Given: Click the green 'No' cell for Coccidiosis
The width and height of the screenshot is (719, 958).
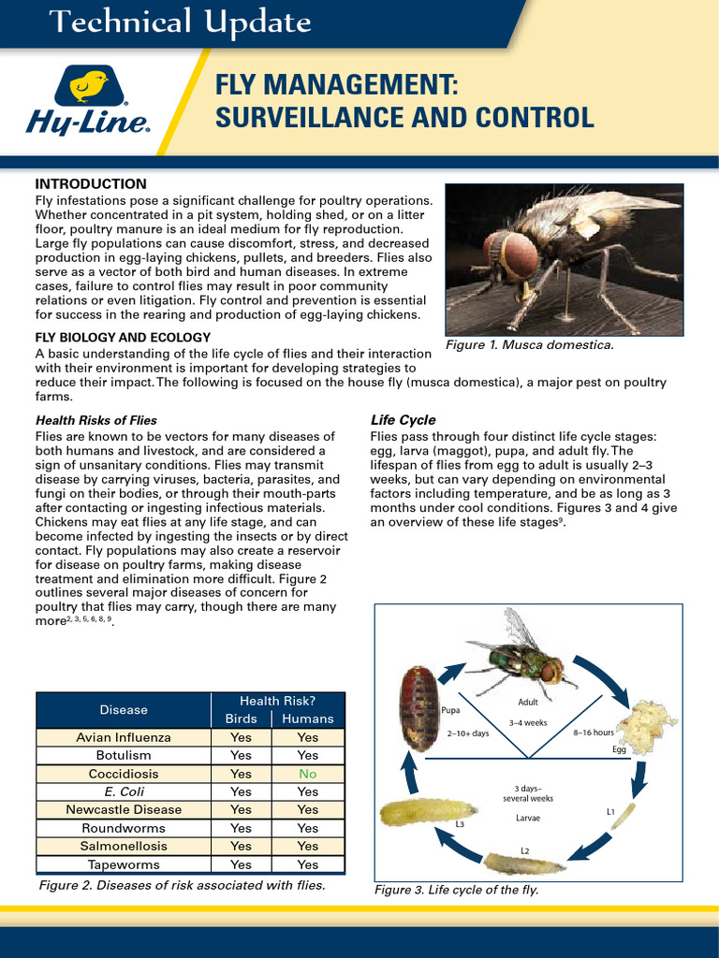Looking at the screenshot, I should pyautogui.click(x=308, y=774).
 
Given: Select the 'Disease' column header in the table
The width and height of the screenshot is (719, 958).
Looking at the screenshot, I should pyautogui.click(x=124, y=710).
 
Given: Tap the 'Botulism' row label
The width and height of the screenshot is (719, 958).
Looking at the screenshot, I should pyautogui.click(x=124, y=755).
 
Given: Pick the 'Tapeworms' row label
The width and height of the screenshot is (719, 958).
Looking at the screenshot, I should pyautogui.click(x=124, y=864).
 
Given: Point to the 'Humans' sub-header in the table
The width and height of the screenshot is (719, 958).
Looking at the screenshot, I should pyautogui.click(x=308, y=718).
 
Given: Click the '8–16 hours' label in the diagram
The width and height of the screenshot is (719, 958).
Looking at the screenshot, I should pyautogui.click(x=593, y=733).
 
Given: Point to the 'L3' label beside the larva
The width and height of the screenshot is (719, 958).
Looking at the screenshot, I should pyautogui.click(x=460, y=824).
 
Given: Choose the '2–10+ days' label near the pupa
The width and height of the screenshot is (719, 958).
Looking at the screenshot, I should pyautogui.click(x=468, y=733).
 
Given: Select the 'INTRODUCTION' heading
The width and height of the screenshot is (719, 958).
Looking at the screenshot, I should pyautogui.click(x=91, y=183).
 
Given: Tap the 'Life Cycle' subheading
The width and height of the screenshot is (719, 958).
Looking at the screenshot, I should pyautogui.click(x=403, y=420).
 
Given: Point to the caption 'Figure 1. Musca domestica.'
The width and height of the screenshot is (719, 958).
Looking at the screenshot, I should pyautogui.click(x=529, y=345).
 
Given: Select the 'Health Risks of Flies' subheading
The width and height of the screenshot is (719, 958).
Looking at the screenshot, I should pyautogui.click(x=95, y=420).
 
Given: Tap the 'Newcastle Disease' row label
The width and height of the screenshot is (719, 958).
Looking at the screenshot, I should pyautogui.click(x=124, y=809).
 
